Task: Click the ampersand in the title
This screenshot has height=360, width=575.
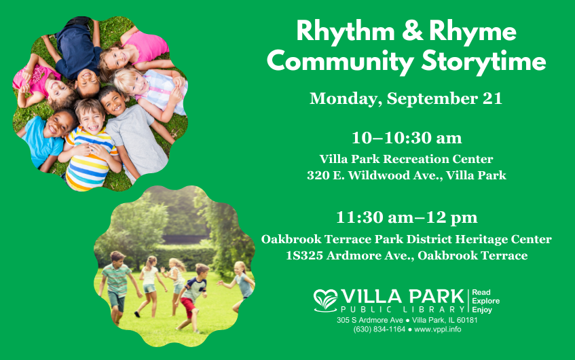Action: (412, 31)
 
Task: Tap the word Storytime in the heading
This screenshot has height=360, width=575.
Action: (483, 61)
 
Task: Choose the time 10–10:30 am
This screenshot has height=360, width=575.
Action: (407, 138)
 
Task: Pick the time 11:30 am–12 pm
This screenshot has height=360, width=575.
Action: (407, 217)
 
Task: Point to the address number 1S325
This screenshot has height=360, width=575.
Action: (304, 255)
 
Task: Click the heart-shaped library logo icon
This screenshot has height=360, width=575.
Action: (325, 300)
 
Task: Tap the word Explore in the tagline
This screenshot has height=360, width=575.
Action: (486, 301)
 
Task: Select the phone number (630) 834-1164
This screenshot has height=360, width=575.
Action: (379, 329)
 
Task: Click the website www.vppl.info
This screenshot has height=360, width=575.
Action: (437, 329)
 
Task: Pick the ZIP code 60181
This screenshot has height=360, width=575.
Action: (467, 320)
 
